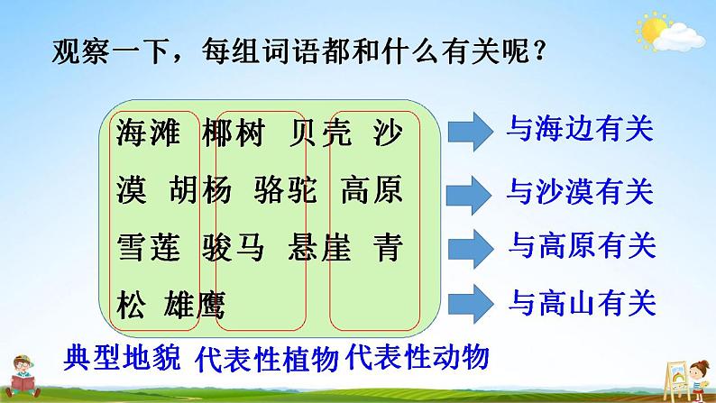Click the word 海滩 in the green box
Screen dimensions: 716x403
click(x=149, y=133)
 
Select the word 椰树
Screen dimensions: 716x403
click(x=234, y=133)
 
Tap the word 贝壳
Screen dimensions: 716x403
click(x=320, y=133)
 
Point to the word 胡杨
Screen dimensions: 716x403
click(x=200, y=190)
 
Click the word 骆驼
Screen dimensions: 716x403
click(x=286, y=190)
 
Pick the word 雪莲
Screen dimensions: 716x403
click(x=149, y=247)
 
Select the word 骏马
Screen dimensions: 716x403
click(x=234, y=247)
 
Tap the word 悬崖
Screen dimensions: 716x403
click(x=319, y=247)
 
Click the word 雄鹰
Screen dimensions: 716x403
click(x=195, y=305)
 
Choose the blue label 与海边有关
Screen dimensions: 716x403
click(x=580, y=129)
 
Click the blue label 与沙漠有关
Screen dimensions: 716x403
click(x=580, y=191)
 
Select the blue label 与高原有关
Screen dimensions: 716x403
click(x=583, y=245)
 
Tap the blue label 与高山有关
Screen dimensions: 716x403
click(x=583, y=302)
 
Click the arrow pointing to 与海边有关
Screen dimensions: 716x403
click(x=471, y=132)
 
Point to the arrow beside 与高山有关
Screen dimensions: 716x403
click(x=471, y=304)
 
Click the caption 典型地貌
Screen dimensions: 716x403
click(x=122, y=357)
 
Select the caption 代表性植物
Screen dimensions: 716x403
click(x=267, y=358)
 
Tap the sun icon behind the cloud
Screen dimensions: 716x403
click(x=653, y=29)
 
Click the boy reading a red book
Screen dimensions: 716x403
click(x=23, y=377)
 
